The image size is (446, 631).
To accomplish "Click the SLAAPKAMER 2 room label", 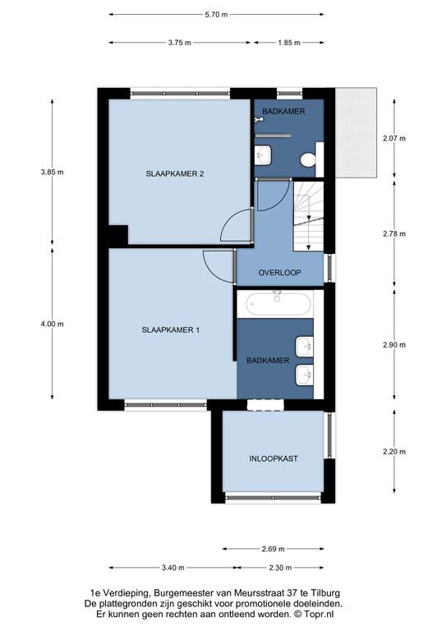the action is [x=174, y=174].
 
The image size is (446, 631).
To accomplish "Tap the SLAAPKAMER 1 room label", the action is [x=171, y=330].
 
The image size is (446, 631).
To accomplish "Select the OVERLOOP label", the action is [x=279, y=273].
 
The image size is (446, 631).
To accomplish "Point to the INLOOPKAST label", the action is [x=274, y=458].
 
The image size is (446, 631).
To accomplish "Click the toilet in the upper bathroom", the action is [x=309, y=159].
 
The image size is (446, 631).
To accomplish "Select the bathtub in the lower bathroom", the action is [x=279, y=304].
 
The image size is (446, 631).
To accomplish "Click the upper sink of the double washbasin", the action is [x=305, y=347].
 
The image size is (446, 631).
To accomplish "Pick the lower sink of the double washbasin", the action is [x=305, y=375].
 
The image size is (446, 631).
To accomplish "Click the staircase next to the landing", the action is [x=309, y=217].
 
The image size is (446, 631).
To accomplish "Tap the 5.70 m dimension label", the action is [x=216, y=15].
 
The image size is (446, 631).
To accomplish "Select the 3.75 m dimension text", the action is [x=179, y=43].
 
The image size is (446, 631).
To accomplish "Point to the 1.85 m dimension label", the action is [x=289, y=43].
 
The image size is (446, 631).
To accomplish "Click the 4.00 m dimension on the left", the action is [x=52, y=324].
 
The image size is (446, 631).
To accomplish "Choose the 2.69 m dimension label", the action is [x=273, y=549].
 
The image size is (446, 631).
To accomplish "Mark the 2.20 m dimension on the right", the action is [x=394, y=452].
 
